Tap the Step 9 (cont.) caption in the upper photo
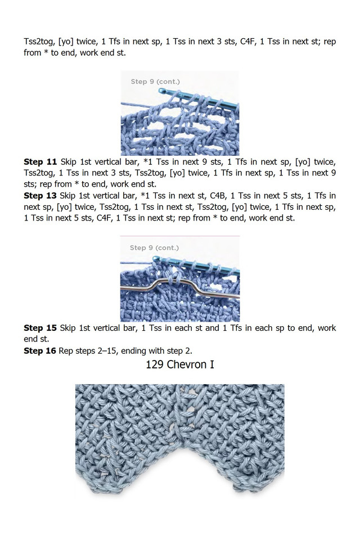[x=155, y=82]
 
